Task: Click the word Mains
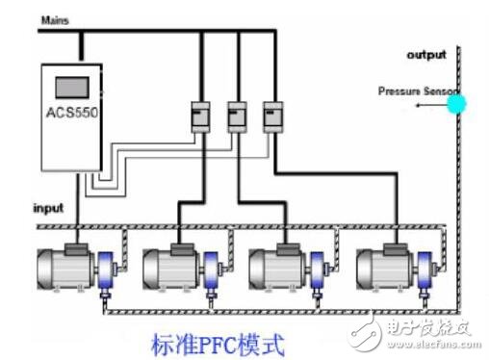(55, 19)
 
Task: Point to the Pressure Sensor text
(412, 91)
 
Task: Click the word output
(425, 55)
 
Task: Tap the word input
(50, 207)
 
